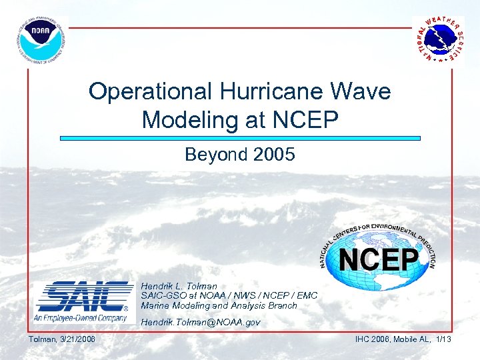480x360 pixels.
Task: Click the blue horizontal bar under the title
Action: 240,139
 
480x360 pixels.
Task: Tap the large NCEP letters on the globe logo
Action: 378,260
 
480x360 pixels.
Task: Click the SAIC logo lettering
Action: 84,297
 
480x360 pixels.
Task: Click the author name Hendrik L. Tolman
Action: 179,286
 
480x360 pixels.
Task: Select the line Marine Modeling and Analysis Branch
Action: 219,305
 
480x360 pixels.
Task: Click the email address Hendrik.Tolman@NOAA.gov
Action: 201,322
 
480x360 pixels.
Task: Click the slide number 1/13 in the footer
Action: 443,340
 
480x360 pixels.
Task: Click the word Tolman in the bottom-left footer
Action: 41,340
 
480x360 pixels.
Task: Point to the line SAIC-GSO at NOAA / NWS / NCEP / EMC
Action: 229,295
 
